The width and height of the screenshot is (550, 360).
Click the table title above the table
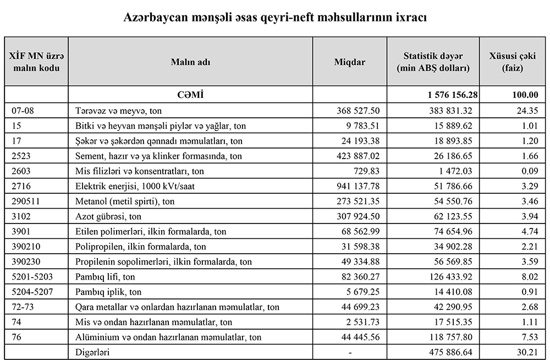coord(275,17)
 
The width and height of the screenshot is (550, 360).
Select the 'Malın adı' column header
coord(190,62)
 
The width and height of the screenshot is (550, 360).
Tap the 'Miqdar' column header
coord(350,62)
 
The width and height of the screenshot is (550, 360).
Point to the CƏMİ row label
coord(190,95)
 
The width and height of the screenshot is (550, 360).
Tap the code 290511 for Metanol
coord(25,201)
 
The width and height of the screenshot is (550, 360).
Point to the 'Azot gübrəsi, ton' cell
coord(108,216)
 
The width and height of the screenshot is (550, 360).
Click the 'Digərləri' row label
coord(92,352)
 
